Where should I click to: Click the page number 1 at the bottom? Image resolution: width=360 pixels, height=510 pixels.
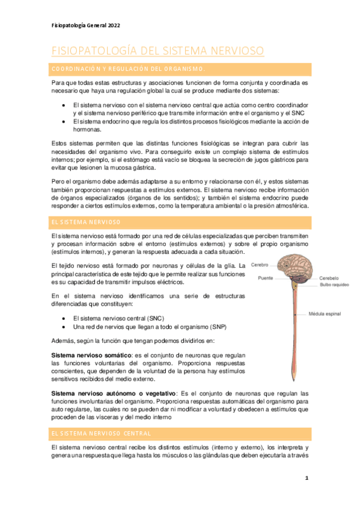coord(306,478)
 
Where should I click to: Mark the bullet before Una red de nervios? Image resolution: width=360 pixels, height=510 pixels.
coord(64,327)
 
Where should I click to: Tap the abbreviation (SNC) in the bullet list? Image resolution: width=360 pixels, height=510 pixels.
coord(154,318)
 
